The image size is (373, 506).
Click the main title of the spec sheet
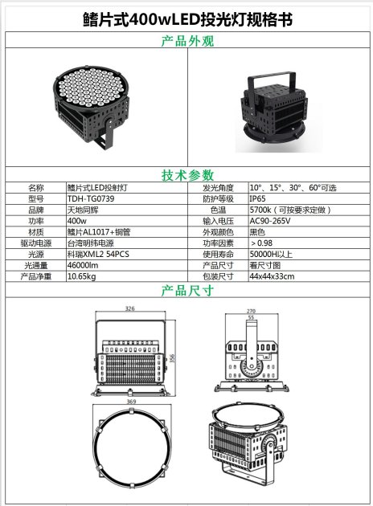187,20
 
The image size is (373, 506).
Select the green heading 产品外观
187,41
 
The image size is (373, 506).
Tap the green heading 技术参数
187,175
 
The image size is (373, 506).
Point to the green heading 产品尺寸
187,291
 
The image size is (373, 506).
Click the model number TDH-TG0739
91,199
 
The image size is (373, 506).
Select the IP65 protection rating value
257,199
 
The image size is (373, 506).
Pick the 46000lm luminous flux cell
83,265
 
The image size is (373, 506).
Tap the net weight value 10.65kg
82,276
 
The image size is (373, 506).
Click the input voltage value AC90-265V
270,221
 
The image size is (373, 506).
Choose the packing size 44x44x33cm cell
272,276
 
